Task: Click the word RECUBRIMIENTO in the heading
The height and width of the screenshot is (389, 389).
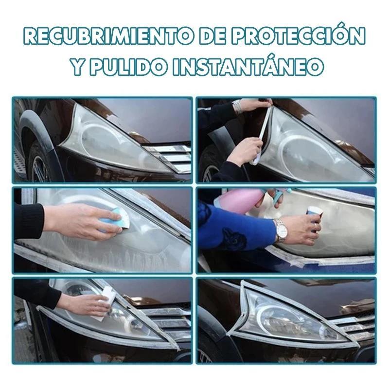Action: tap(108, 36)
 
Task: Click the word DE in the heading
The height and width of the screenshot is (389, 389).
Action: tap(212, 36)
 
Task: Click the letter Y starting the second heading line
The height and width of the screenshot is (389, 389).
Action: tap(79, 67)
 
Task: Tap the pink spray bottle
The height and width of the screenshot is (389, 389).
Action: tap(239, 200)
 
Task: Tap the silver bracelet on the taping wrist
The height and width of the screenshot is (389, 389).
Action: tap(238, 106)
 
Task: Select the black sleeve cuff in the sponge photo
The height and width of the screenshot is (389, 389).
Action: tap(29, 221)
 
